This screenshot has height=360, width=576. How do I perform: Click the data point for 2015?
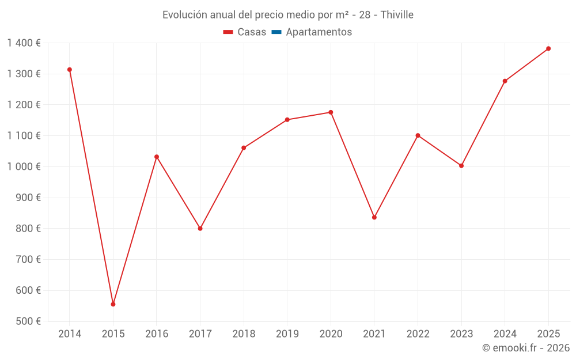coord(113,304)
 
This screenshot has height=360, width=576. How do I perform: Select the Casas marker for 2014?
coord(70,70)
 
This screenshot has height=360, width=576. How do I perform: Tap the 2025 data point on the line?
coord(548,48)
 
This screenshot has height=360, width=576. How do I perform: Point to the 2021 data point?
coord(374,217)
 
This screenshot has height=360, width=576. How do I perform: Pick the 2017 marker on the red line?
coord(200,229)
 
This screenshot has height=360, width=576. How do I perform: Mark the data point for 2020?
coord(331,112)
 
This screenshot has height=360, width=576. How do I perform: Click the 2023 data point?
coord(461,166)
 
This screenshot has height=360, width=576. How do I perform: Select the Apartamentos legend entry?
coord(319,32)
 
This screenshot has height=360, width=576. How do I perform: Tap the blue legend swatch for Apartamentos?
coord(276,32)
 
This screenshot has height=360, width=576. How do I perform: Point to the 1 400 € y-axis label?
coord(24,43)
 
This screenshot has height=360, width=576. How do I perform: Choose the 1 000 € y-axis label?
coord(24,166)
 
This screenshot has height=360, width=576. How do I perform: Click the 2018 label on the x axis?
coord(244,334)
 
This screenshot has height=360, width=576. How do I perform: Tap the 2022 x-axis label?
coord(418,334)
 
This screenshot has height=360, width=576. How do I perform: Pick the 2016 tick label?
coord(157,334)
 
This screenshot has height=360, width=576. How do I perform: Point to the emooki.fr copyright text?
coord(526,348)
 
